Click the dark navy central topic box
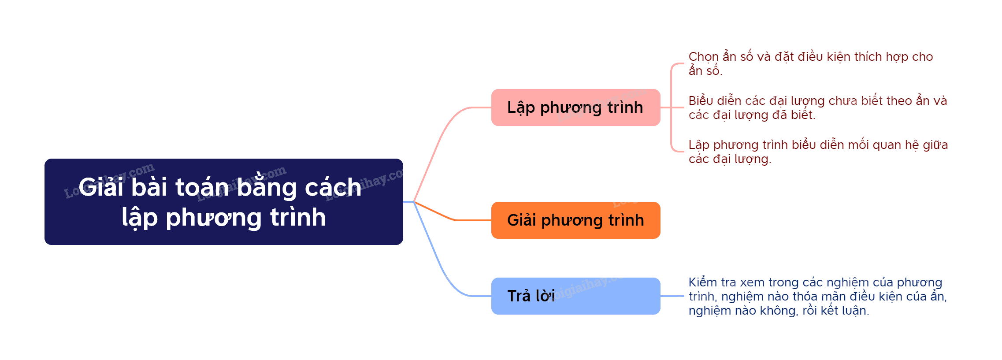tap(223, 201)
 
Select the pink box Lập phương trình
tap(575, 108)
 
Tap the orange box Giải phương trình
tap(575, 220)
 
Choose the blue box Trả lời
tap(575, 296)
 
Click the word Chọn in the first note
tap(704, 57)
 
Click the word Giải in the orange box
tap(521, 220)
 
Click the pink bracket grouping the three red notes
tap(671, 108)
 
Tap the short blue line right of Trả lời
tap(672, 296)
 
